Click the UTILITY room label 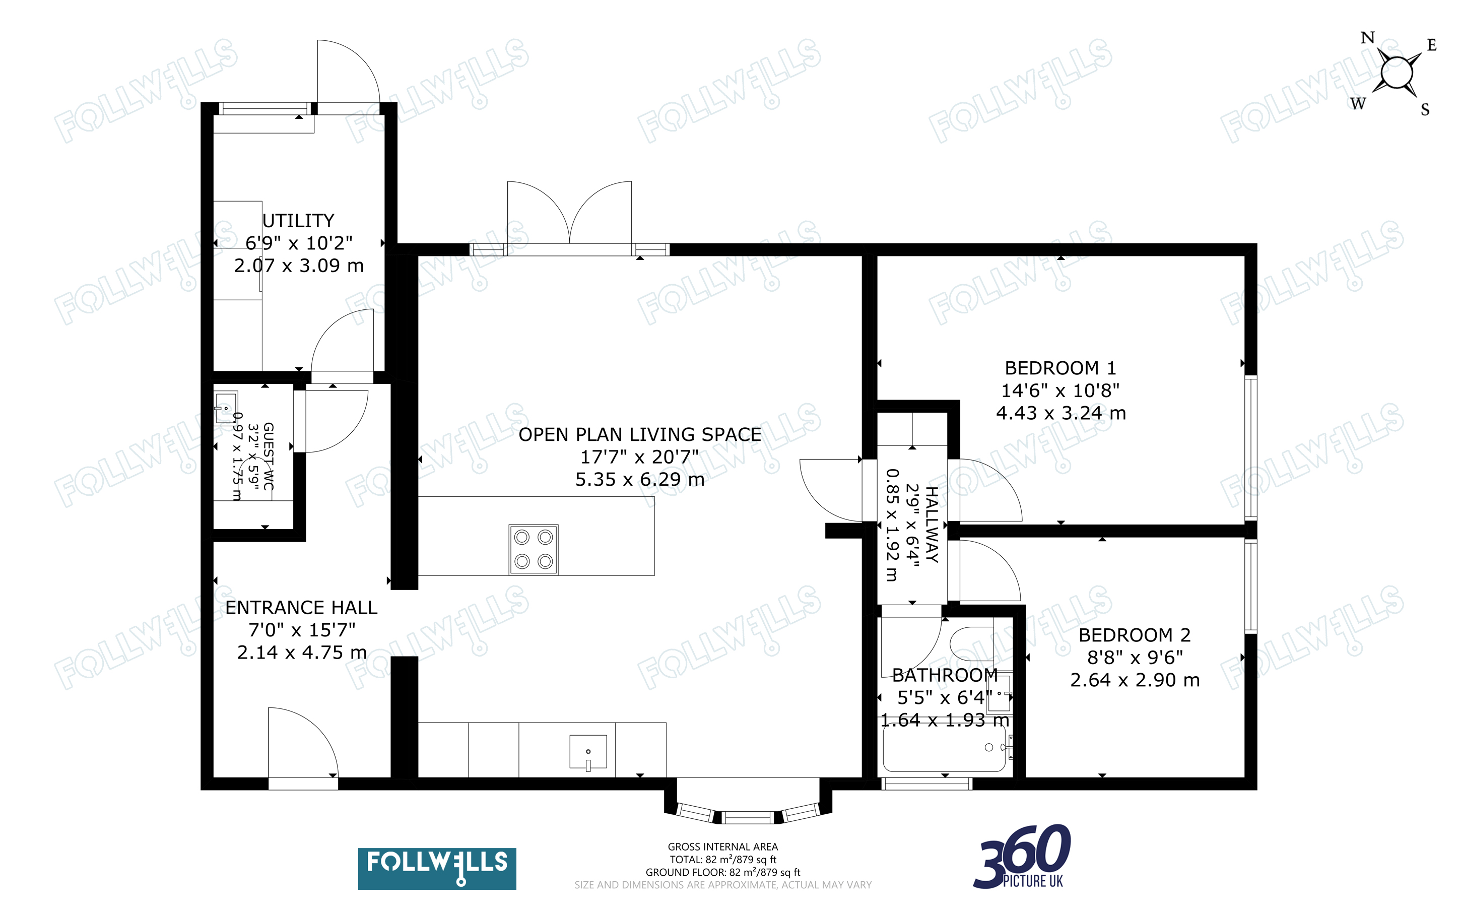tap(298, 221)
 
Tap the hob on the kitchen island tap(534, 549)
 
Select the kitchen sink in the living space tap(588, 752)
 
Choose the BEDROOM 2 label tap(1135, 634)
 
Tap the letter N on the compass tap(1368, 38)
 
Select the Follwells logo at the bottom tap(437, 868)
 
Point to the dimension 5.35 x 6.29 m tap(639, 480)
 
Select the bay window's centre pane tap(747, 818)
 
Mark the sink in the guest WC tap(225, 408)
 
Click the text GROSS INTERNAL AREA tap(722, 847)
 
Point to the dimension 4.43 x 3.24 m tap(1061, 413)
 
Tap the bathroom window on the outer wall tap(926, 783)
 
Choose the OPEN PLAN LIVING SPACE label tap(639, 434)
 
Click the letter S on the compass tap(1425, 110)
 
